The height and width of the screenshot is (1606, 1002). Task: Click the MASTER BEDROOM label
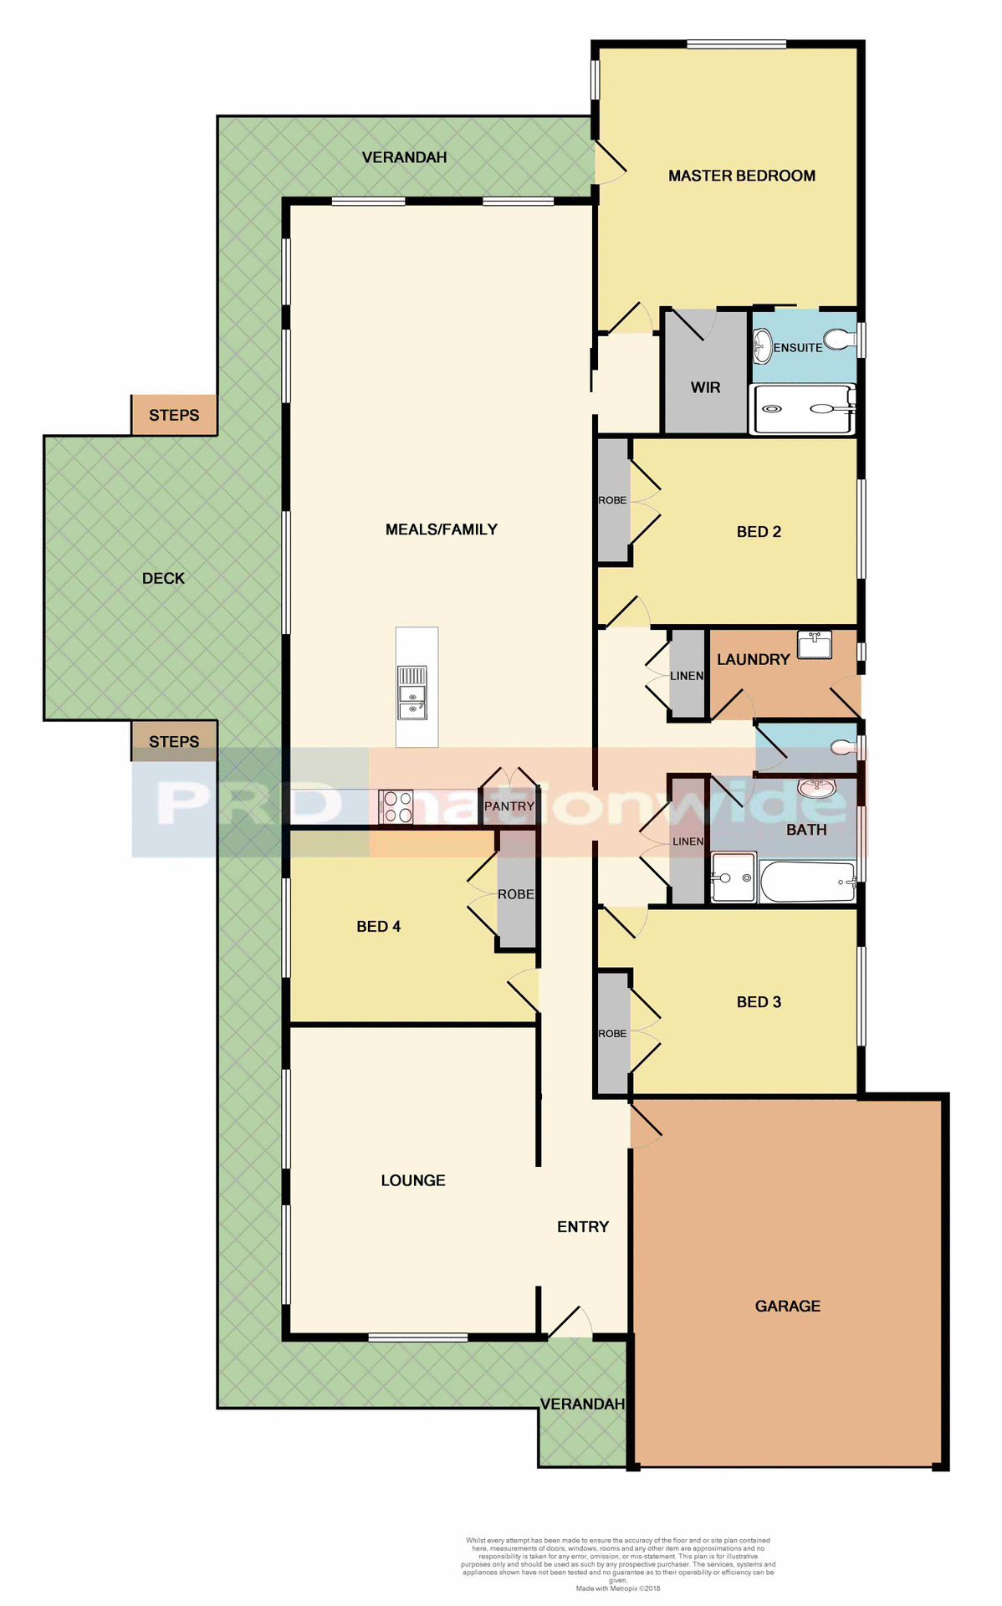[741, 176]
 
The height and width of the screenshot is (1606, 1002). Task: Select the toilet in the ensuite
[837, 340]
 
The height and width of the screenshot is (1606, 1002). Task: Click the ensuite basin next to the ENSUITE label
[762, 346]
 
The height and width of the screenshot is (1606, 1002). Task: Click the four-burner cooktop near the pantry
[396, 807]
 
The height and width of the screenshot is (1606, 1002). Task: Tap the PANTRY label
[509, 806]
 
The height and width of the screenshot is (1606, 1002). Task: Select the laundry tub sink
[814, 645]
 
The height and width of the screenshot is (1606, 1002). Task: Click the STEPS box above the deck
[174, 415]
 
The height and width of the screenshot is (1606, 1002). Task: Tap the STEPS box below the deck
[174, 741]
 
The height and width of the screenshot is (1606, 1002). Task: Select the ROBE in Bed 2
[613, 500]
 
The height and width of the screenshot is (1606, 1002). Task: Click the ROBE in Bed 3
[612, 1034]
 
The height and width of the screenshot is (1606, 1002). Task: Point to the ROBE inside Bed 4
[516, 893]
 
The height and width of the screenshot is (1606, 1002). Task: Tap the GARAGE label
[787, 1306]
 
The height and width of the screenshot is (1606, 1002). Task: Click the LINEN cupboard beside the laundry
[688, 675]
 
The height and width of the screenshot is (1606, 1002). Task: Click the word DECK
[163, 578]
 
